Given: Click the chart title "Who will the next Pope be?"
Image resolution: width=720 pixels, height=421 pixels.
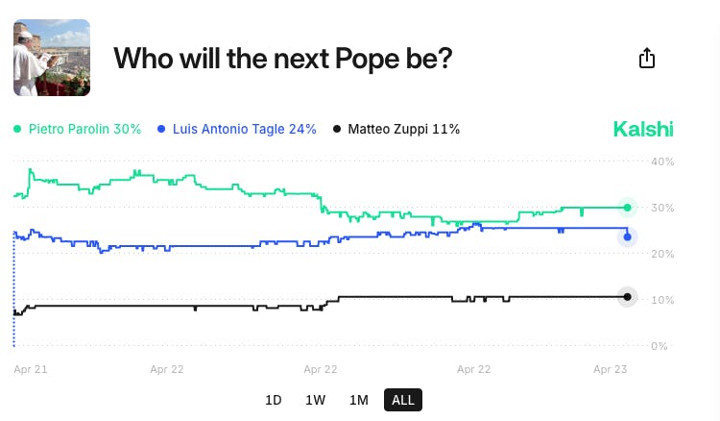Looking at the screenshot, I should tap(282, 59).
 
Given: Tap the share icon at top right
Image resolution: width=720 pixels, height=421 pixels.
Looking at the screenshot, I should tap(647, 59).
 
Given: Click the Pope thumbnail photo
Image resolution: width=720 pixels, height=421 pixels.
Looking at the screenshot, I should tap(52, 58).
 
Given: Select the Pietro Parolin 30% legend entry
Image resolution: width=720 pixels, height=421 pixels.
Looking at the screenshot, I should tap(78, 129).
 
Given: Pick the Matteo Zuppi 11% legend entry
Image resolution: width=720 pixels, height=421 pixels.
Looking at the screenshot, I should tap(396, 129).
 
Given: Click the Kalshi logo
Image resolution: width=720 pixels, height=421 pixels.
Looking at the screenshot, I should tap(642, 129).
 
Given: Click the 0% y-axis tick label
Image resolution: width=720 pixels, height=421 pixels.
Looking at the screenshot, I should tap(660, 346).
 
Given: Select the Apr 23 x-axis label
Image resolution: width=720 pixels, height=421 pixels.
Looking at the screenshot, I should tap(611, 368).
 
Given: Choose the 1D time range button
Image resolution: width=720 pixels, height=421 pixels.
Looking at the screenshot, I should tap(274, 400).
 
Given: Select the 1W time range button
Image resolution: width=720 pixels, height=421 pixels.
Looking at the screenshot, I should tap(315, 400).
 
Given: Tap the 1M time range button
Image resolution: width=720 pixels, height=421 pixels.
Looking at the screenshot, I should tap(358, 400).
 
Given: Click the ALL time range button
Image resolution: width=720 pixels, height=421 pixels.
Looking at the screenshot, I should tap(403, 400).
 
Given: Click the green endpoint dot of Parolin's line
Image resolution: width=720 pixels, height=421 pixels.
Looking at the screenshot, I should tap(627, 208).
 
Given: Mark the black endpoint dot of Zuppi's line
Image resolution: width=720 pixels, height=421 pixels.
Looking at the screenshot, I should tap(627, 296).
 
